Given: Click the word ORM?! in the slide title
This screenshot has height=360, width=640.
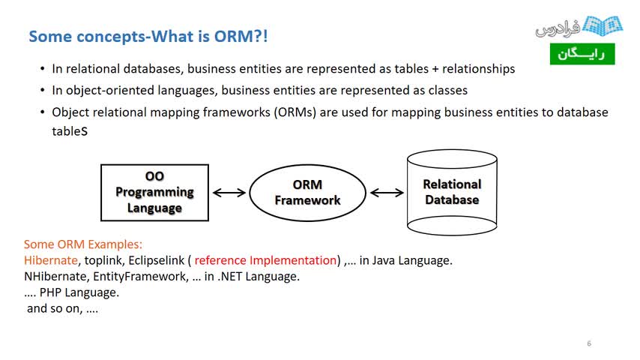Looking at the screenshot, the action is pos(241,36).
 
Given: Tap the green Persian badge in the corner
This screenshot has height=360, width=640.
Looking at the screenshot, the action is pos(582,54).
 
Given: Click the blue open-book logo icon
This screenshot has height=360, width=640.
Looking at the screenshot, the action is pos(603,25).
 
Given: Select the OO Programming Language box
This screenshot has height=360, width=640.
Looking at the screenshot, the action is pos(154,193).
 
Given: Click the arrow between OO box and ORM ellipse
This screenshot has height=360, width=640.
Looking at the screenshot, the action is pos(229,193).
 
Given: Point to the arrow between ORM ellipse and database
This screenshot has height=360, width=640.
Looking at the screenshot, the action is pos(387,193).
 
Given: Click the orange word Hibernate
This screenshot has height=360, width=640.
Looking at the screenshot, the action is pos(51,260).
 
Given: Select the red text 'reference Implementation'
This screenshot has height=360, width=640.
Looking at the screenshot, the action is pos(265,260).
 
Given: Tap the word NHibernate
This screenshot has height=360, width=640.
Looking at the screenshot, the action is pos(55,277).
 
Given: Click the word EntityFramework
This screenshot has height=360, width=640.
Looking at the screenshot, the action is pos(141,277).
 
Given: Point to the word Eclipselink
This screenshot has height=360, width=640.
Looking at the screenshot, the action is pos(157,261).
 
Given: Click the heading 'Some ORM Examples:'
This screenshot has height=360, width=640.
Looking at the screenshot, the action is pos(83,244).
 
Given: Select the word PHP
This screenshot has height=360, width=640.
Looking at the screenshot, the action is pos(51,292).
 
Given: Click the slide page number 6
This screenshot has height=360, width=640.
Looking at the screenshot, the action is pos(589,343).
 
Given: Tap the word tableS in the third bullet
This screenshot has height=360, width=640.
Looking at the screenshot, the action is pos(70,131).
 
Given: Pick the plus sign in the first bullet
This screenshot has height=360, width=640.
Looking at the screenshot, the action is pos(435,69).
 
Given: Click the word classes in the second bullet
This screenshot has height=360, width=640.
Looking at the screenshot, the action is pos(447,90).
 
